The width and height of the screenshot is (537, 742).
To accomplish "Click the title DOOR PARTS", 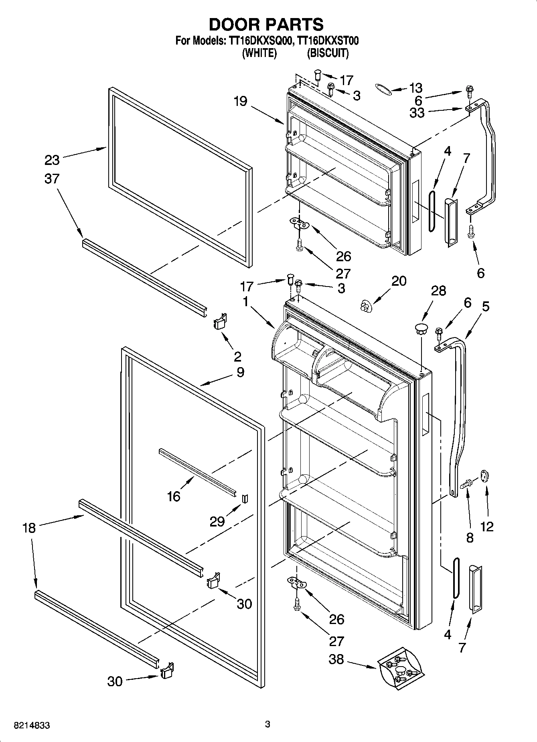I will coord(266,24).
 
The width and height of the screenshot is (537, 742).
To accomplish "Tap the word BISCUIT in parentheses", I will coord(328,53).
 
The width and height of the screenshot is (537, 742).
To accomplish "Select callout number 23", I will coord(52,160).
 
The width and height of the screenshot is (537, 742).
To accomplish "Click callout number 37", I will coord(52,179).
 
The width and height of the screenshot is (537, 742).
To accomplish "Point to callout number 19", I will coord(240,101).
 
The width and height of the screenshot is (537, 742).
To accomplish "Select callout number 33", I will coord(417,113).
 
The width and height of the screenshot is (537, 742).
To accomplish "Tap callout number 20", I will coord(399,281).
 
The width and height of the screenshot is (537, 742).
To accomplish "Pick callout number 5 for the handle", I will coord(485,307).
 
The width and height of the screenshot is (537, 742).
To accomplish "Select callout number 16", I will coord(174,496).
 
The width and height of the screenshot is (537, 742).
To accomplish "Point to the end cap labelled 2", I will coord(219,322).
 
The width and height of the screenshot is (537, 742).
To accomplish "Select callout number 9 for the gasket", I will coord(240,372).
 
